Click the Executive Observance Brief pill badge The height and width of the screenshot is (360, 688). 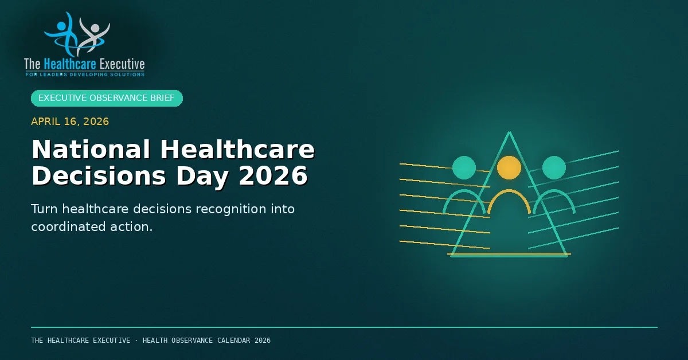(107, 98)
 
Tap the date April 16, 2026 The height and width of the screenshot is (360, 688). (70, 122)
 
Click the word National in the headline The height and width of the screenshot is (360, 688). (91, 150)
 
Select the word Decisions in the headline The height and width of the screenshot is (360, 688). (99, 176)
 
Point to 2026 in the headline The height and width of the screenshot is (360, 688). (273, 176)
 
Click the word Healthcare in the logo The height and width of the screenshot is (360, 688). (70, 64)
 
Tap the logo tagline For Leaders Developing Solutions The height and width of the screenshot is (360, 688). (85, 75)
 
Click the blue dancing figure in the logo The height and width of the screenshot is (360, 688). (65, 36)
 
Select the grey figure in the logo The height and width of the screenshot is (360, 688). (93, 36)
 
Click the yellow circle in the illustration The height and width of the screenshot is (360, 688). (509, 167)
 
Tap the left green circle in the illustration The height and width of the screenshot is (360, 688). (464, 167)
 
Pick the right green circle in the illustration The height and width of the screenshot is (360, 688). (554, 167)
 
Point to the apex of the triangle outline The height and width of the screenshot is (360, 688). (509, 132)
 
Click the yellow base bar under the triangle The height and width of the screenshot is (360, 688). (509, 254)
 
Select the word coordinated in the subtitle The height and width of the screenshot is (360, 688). (68, 226)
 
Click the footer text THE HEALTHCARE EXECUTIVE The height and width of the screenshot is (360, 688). (80, 341)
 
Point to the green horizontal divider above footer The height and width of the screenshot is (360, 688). (345, 327)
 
